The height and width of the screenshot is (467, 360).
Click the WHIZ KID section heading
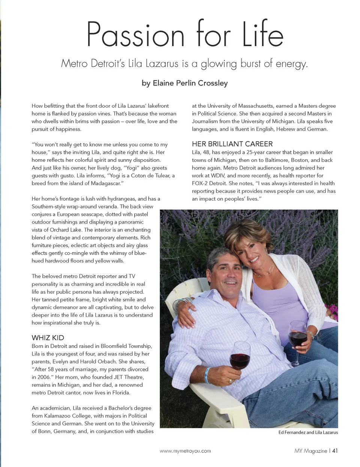pos(48,338)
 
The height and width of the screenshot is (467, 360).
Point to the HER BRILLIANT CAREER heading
pos(232,144)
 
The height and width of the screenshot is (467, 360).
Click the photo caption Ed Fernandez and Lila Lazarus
pos(308,432)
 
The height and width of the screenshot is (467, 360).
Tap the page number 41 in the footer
pos(335,451)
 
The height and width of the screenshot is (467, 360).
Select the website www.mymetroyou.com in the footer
pos(185,451)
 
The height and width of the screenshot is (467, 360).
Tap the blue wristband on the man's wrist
pos(206,375)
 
